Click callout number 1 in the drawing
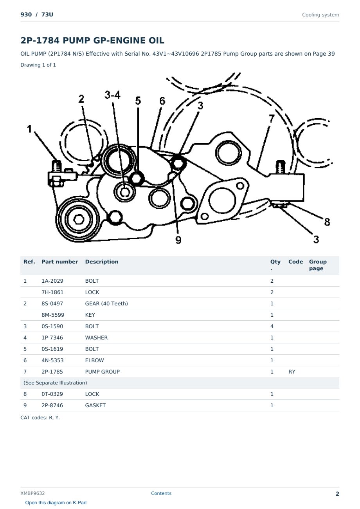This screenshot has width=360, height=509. tap(29, 129)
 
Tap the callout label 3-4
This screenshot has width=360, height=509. tap(112, 95)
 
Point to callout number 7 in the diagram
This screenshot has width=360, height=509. tap(272, 119)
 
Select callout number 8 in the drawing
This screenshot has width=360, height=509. tap(327, 222)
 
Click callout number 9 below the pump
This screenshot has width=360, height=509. tap(178, 240)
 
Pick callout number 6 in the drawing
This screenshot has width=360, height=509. tap(162, 101)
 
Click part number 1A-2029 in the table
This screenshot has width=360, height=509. tap(52, 281)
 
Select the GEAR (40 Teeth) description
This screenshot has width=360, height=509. tap(106, 303)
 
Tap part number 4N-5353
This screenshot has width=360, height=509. tap(52, 360)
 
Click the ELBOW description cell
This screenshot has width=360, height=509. tap(94, 360)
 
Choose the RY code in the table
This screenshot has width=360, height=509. tap(292, 372)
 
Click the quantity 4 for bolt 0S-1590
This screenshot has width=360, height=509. tap(272, 326)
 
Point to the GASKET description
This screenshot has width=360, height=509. tap(95, 405)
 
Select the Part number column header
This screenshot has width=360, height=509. tap(59, 262)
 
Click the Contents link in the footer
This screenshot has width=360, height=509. tap(161, 493)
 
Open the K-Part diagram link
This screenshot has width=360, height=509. tap(56, 503)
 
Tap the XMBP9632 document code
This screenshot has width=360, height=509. tap(32, 493)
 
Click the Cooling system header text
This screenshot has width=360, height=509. tap(320, 15)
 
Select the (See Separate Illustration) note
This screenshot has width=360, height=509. tap(55, 383)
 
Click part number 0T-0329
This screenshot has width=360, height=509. tap(52, 394)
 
